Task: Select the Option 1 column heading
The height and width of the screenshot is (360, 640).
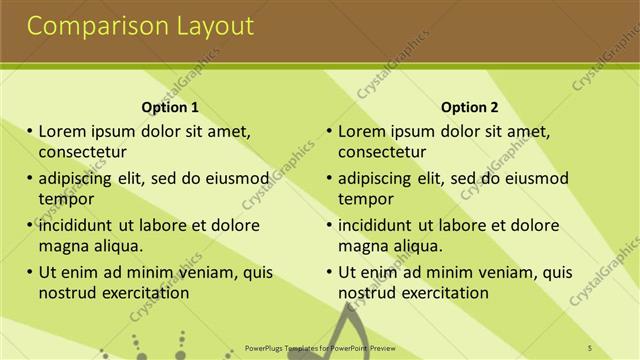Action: coord(171,107)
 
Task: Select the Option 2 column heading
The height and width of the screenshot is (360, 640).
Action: coord(469,107)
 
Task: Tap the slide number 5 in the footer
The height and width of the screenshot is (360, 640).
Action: coord(589,347)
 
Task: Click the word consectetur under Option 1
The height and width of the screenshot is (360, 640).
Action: coord(83,152)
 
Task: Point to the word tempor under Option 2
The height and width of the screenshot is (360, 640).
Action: coord(366,199)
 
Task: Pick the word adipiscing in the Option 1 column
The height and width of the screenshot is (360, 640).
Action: coord(80,179)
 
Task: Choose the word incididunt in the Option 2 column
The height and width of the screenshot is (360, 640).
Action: coord(375,225)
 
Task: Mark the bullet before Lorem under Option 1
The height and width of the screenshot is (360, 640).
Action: coord(30,131)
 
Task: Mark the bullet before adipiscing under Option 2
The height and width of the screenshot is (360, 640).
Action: coord(329,178)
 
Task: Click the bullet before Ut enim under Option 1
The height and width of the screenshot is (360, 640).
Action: coord(30,272)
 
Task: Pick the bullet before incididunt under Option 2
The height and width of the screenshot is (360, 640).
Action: coord(329,225)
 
